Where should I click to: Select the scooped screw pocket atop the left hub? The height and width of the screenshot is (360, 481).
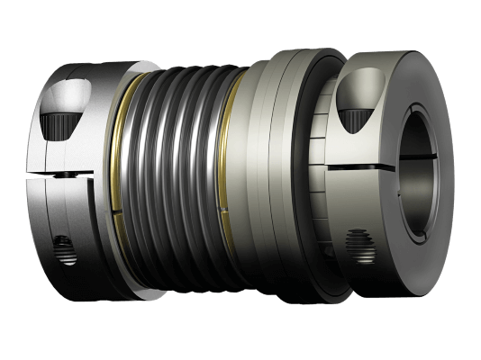(x=73, y=95)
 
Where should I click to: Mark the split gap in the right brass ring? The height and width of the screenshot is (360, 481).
(x=240, y=211)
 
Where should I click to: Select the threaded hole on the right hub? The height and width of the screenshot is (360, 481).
(x=358, y=242)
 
